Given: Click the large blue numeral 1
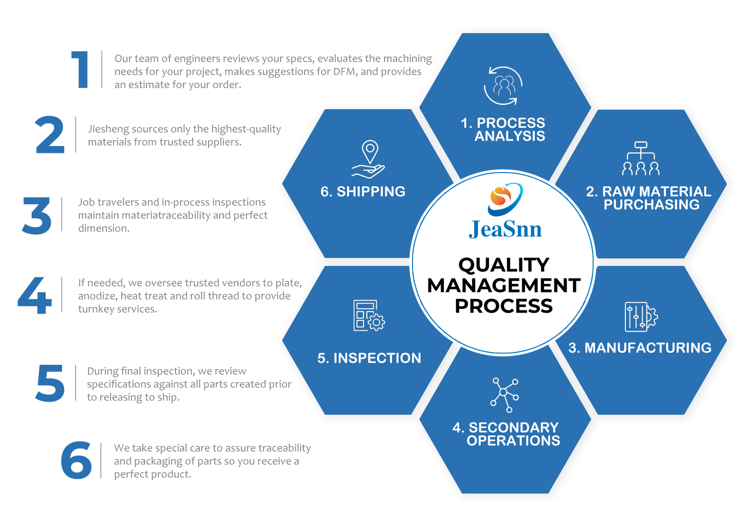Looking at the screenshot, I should [81, 70].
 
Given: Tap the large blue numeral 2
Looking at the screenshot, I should [50, 135].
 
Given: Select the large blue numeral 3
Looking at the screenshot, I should [37, 216].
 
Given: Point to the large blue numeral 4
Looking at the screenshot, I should [35, 295].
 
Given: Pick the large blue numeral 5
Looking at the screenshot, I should [50, 383].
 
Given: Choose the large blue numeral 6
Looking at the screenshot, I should [77, 460].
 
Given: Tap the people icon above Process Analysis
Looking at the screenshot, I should [503, 86].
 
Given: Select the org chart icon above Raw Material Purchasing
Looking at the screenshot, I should [641, 159].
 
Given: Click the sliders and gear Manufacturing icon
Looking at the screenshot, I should [641, 317].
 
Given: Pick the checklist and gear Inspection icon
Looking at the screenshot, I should [369, 316].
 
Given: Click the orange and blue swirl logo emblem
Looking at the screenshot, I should [505, 199].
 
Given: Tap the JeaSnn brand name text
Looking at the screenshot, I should [505, 230].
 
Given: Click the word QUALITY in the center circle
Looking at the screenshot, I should [504, 265].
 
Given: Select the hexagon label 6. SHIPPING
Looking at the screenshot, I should [363, 192].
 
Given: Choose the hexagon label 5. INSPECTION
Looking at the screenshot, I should [369, 358].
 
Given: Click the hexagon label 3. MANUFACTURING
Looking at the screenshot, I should [640, 348].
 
